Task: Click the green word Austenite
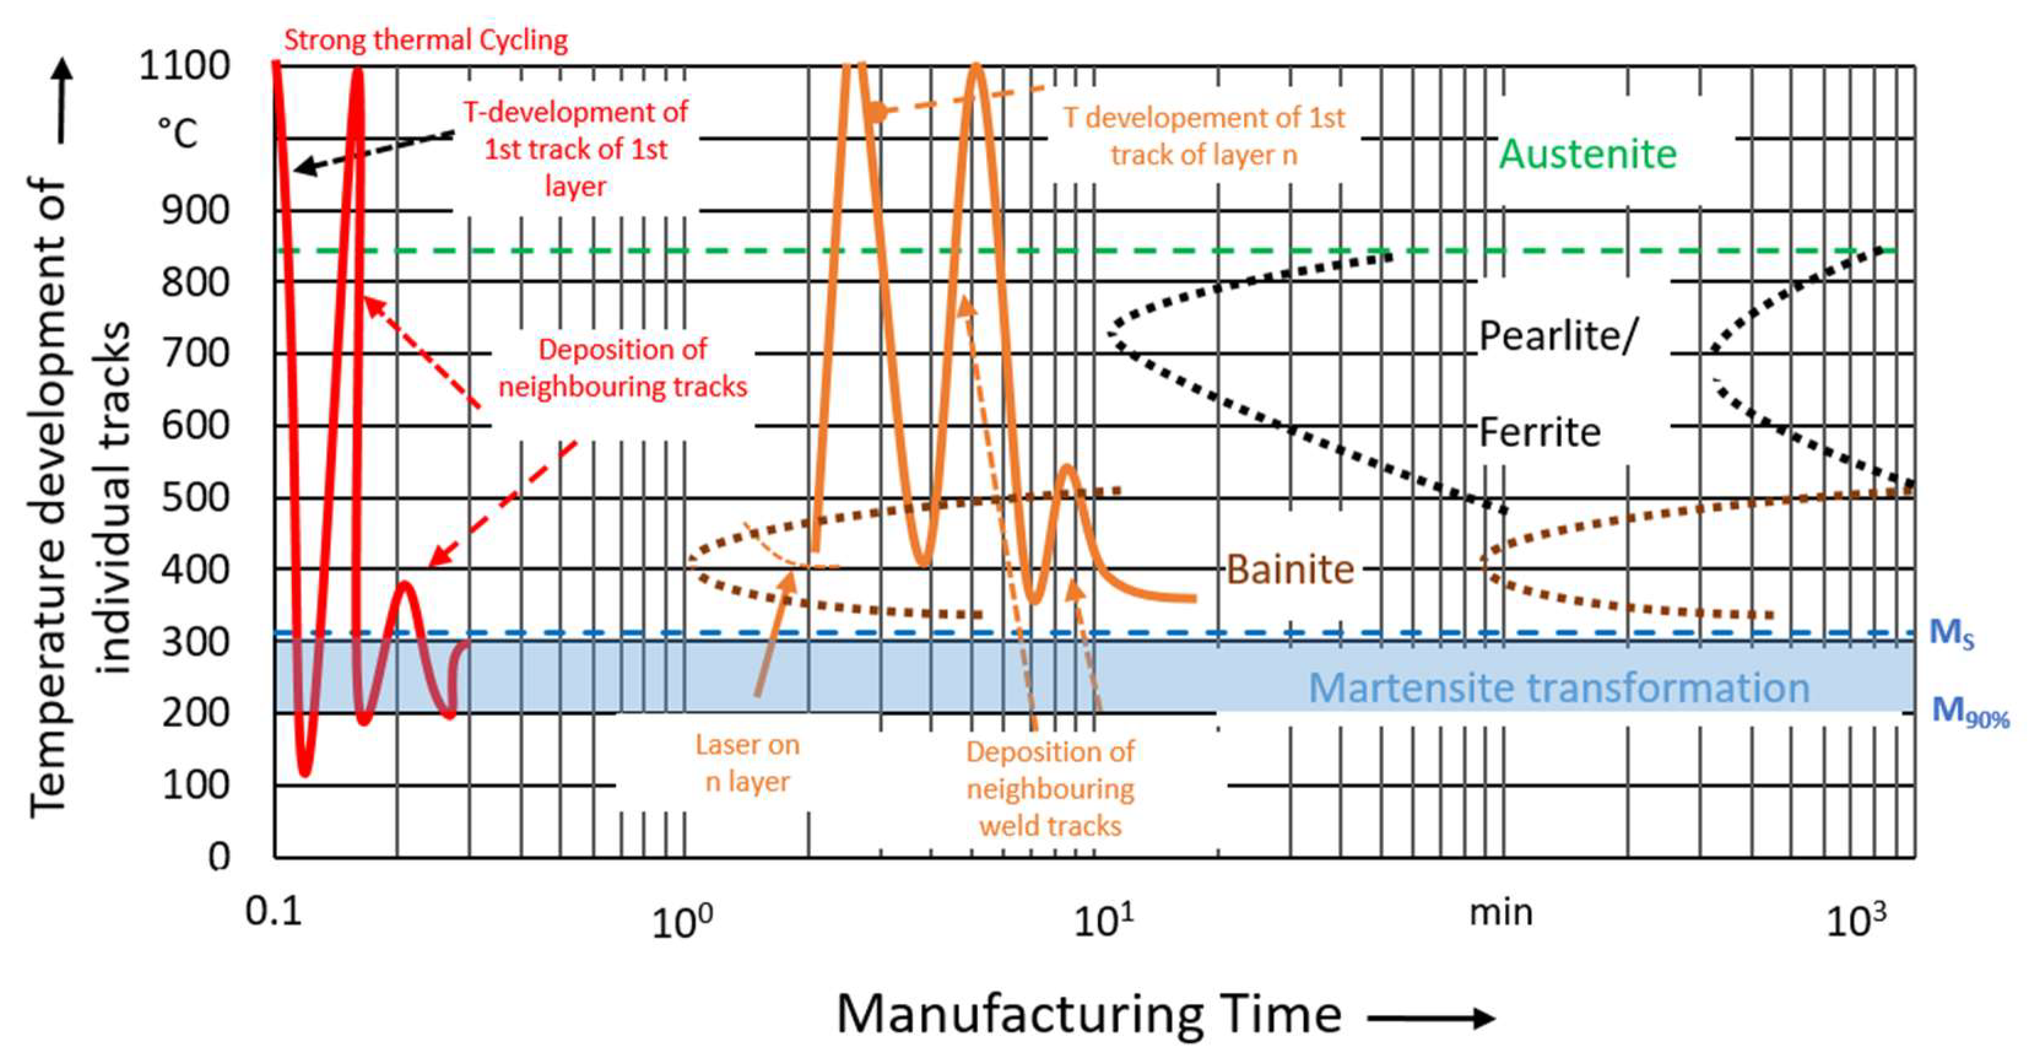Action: [1587, 155]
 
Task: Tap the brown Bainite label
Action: [1290, 569]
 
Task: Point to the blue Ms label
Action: [1952, 633]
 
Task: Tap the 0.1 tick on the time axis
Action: [274, 912]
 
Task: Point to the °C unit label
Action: [177, 134]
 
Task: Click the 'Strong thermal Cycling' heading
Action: [425, 40]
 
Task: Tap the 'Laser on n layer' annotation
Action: [746, 763]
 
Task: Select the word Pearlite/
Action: [1558, 336]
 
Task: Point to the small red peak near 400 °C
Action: [405, 585]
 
